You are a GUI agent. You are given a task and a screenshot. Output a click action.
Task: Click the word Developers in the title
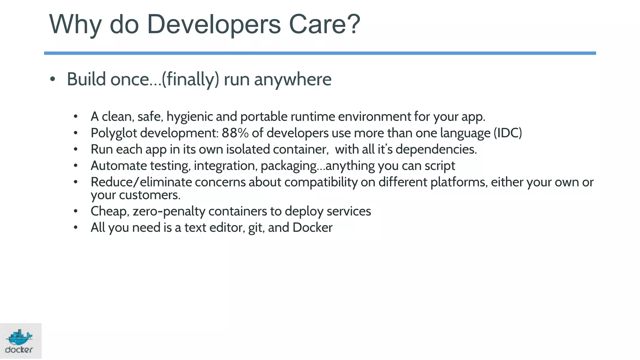pos(214,24)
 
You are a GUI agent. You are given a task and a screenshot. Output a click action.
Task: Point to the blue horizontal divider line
pos(320,53)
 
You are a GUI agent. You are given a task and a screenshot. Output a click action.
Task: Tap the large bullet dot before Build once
pos(52,79)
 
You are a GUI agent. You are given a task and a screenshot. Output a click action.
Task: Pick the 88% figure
pos(235,133)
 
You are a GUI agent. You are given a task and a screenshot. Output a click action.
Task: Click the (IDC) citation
pos(508,133)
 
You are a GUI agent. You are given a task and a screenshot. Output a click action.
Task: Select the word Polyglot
pos(114,133)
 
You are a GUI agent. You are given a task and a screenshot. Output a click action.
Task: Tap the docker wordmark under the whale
pos(19,350)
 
